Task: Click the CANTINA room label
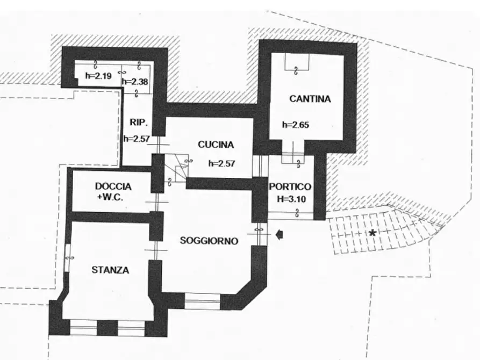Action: click(x=310, y=99)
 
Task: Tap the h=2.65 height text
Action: click(x=296, y=125)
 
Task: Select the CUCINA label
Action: click(x=216, y=145)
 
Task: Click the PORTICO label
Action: click(x=290, y=187)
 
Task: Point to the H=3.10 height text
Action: click(x=290, y=198)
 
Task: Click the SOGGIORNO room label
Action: click(x=209, y=241)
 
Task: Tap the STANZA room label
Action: click(x=110, y=270)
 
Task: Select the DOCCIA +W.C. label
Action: click(x=113, y=191)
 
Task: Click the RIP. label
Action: click(x=138, y=122)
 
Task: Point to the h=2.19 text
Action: click(x=98, y=76)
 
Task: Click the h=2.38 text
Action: click(x=134, y=82)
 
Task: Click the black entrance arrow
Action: click(x=279, y=234)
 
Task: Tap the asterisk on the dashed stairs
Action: click(x=372, y=233)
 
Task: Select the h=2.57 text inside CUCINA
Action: click(x=221, y=163)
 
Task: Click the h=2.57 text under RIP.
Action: click(x=136, y=138)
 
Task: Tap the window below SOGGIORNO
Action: click(x=202, y=301)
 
